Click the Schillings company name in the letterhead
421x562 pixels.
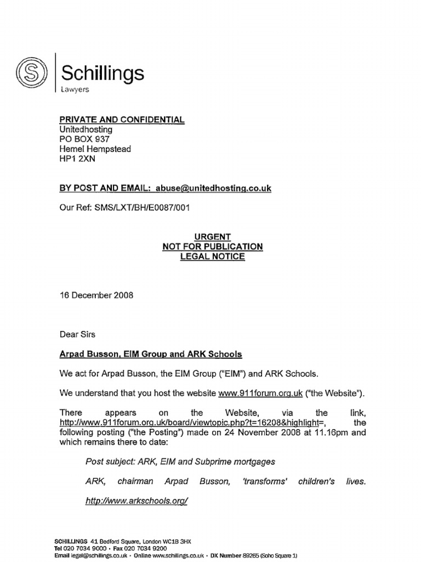103,73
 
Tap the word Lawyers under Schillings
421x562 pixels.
75,89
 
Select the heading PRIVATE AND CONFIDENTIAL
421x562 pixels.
122,120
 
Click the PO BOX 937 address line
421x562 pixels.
86,139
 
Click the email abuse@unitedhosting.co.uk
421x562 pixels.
214,188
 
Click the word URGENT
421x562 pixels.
212,237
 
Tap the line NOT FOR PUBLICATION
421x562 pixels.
212,246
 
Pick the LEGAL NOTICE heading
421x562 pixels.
212,256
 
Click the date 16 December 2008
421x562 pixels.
96,295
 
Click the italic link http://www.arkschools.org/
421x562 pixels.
137,501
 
